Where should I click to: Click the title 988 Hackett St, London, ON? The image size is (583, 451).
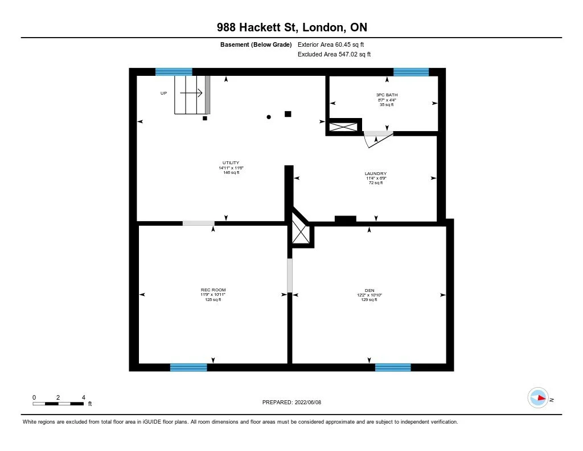(291, 27)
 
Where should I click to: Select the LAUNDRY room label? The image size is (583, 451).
(376, 173)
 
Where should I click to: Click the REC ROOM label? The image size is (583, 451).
(213, 290)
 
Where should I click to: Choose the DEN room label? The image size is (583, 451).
(369, 290)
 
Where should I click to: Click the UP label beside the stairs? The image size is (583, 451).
(163, 93)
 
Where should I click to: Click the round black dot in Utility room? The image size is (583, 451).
(269, 117)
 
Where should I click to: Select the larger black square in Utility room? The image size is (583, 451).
(288, 114)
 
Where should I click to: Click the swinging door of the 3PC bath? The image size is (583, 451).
(376, 140)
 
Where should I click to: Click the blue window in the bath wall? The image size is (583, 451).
(410, 72)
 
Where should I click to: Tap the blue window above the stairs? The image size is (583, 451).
(174, 72)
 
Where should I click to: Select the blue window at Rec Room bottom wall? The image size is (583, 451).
(188, 367)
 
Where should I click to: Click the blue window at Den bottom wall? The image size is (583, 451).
(393, 367)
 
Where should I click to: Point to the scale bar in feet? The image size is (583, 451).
(59, 403)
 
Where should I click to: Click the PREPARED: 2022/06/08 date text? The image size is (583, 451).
(291, 402)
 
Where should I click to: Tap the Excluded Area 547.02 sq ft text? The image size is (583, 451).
(334, 55)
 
